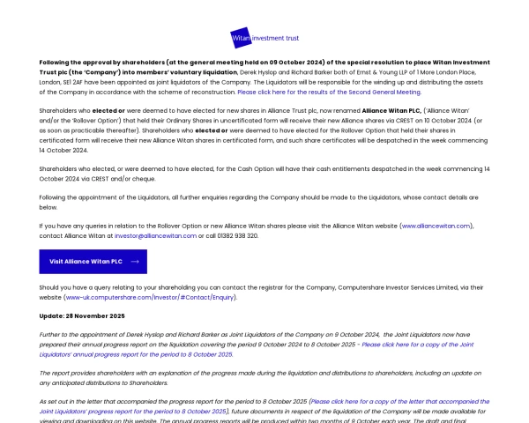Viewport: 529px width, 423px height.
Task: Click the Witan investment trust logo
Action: click(x=264, y=38)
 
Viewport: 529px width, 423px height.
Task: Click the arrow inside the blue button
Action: click(x=135, y=262)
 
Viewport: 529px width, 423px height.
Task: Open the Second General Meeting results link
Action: click(x=329, y=92)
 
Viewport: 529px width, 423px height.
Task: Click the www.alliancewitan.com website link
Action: click(x=437, y=226)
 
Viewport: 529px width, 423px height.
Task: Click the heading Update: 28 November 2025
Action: click(x=82, y=315)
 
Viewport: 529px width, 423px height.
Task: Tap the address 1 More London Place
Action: click(x=445, y=72)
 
